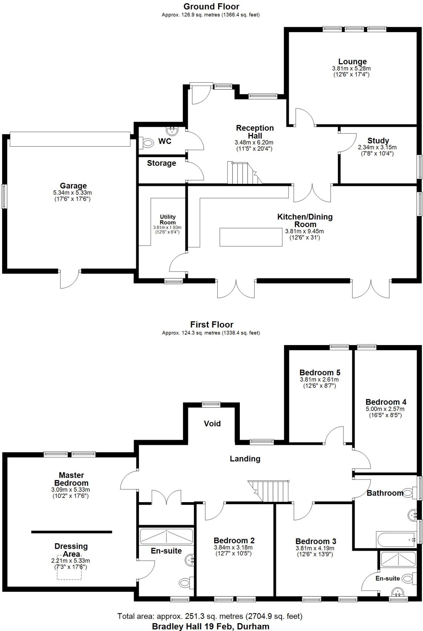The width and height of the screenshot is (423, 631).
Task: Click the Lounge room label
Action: (352, 62)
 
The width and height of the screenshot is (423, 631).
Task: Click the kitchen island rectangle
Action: (251, 237)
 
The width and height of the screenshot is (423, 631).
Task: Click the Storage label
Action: (161, 163)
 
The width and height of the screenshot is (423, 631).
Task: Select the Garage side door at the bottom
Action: (70, 279)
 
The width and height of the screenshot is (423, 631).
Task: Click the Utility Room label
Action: (168, 220)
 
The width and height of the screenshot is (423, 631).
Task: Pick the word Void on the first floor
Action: (212, 424)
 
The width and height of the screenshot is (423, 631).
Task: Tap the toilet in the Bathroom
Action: (408, 493)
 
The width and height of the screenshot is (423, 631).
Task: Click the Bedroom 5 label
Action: (320, 373)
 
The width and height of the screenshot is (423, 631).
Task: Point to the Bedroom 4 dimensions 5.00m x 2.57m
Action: (385, 409)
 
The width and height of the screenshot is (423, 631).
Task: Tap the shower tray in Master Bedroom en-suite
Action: (166, 536)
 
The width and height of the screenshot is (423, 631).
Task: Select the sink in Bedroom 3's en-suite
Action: (398, 592)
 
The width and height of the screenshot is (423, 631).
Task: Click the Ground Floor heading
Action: (211, 6)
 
